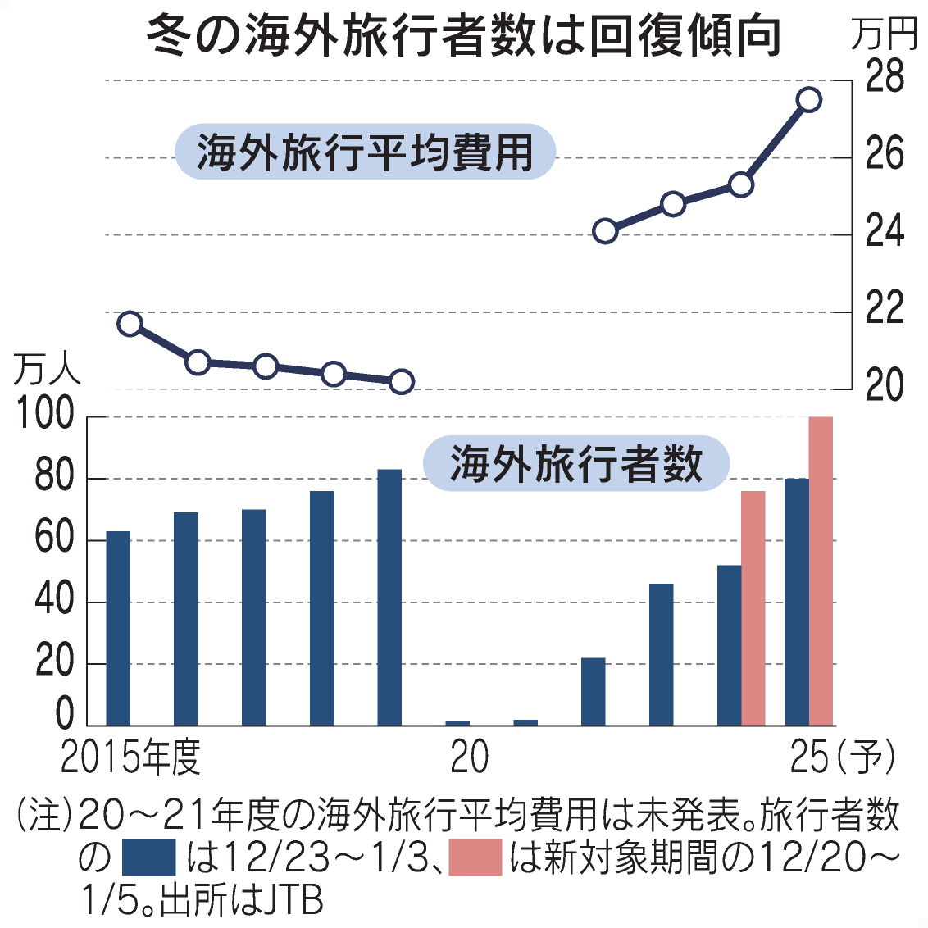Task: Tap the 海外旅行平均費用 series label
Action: coord(365,152)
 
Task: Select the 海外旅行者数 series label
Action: coord(575,464)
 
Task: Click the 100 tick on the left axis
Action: coord(46,416)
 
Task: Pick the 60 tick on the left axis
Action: coord(53,540)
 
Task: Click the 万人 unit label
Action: coord(47,370)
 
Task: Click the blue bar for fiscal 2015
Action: coord(118,628)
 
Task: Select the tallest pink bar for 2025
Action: coord(821,571)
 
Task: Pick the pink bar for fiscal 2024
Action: coord(753,607)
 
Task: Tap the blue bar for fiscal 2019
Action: coord(389,597)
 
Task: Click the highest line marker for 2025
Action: coord(808,99)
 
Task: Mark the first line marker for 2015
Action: coord(130,324)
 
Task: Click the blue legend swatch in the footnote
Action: coord(148,857)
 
